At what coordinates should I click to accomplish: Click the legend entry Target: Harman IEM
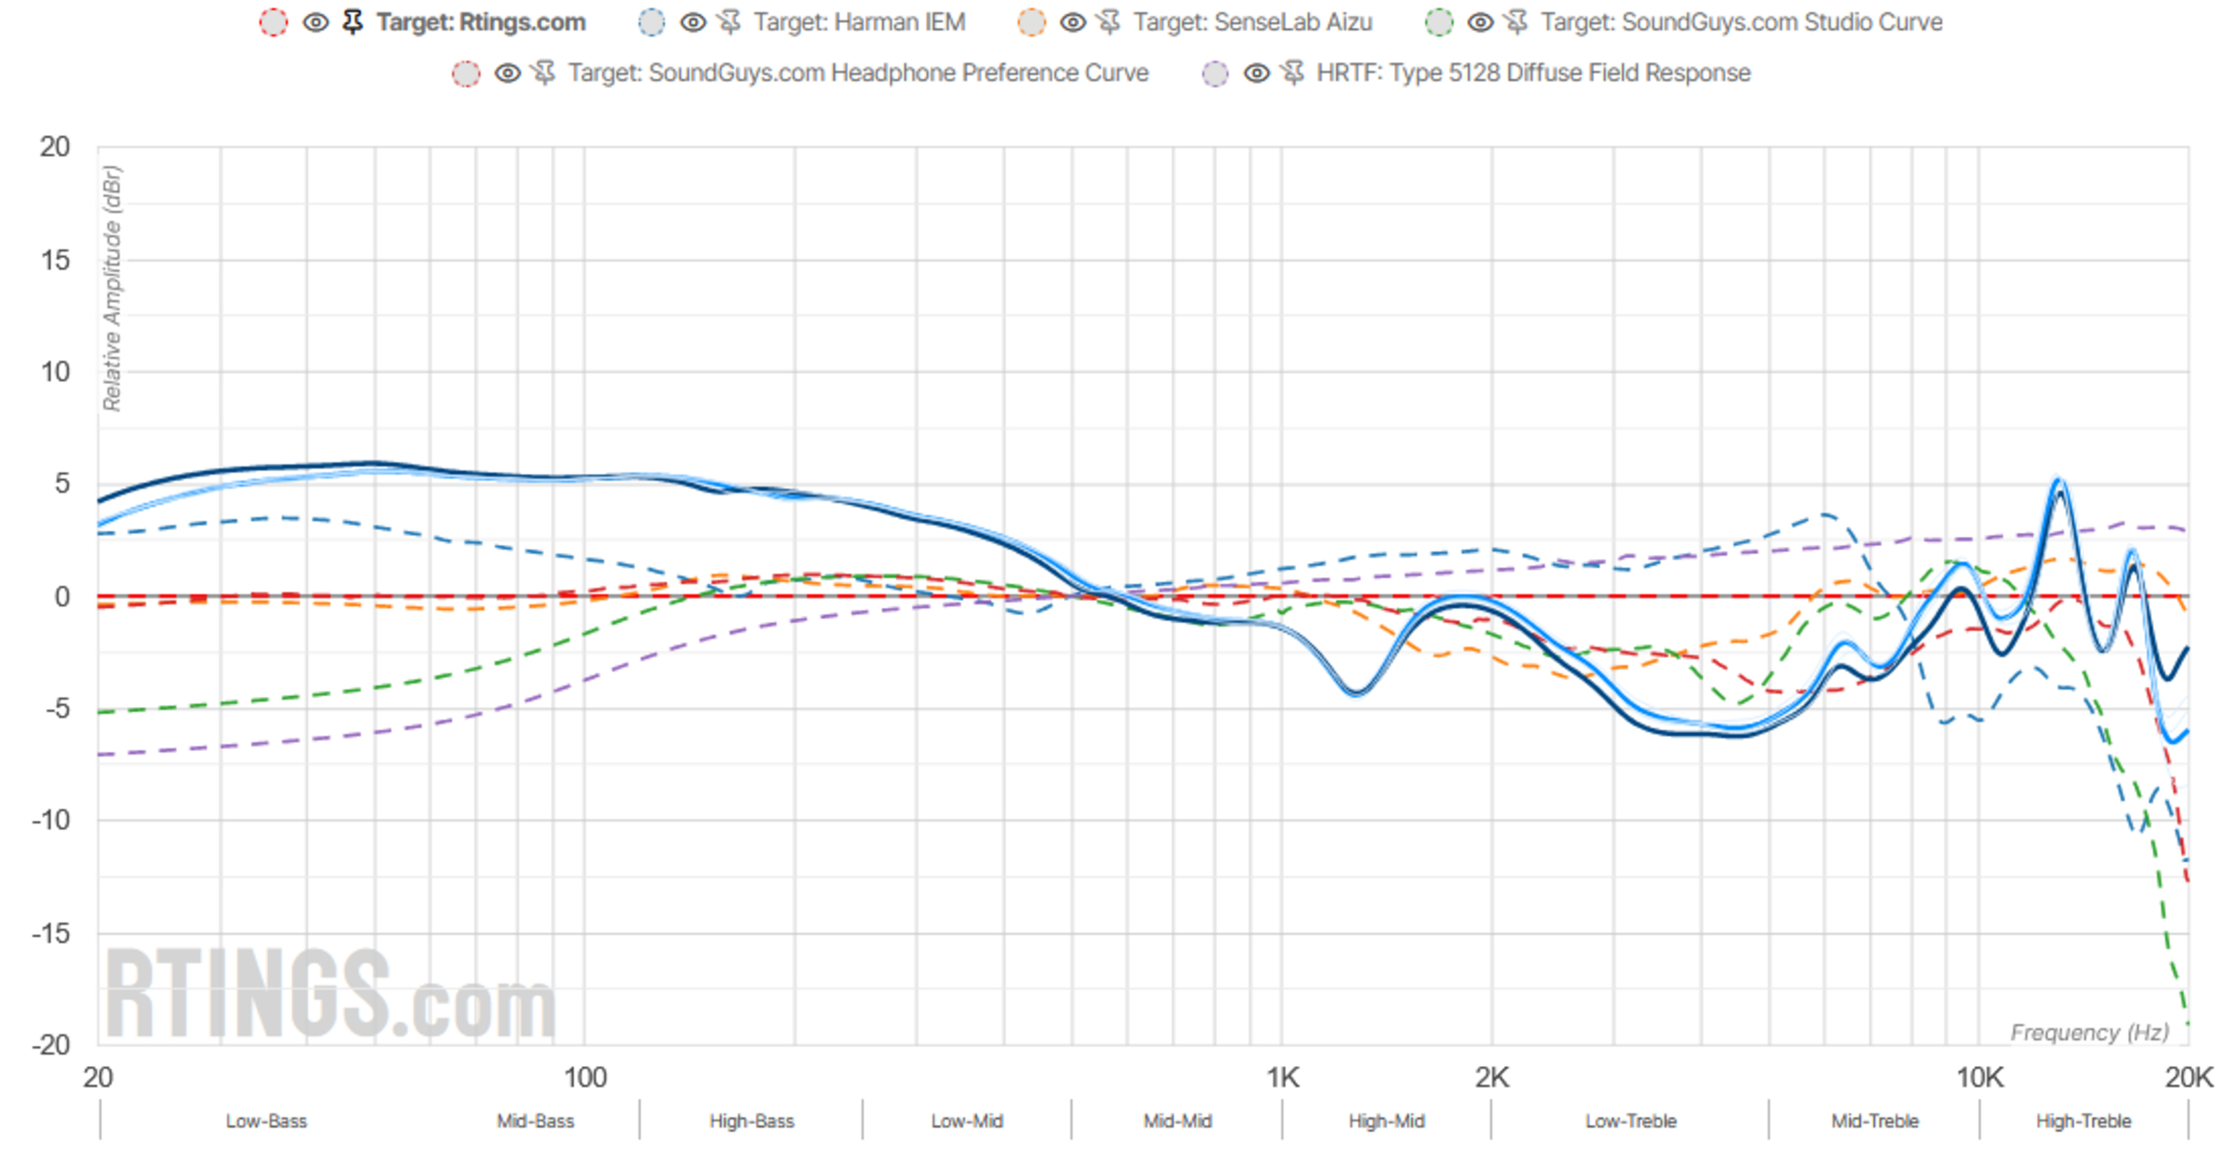point(859,23)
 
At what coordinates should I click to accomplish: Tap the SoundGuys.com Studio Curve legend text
point(1741,23)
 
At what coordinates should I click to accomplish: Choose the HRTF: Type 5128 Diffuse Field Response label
point(1533,73)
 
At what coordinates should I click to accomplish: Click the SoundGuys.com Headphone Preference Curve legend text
point(857,73)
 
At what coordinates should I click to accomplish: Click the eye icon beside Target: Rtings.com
point(316,23)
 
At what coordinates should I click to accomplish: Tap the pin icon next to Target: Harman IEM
point(729,23)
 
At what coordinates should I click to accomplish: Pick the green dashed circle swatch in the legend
point(1438,23)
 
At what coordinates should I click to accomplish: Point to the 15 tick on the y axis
point(55,260)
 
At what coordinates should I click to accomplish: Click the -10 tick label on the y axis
point(51,819)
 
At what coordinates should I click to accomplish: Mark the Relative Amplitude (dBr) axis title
point(112,288)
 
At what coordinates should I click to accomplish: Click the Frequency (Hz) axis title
point(2089,1032)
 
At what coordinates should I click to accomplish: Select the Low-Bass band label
point(267,1121)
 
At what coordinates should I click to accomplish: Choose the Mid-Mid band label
point(1177,1121)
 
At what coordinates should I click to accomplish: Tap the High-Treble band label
point(2083,1121)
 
